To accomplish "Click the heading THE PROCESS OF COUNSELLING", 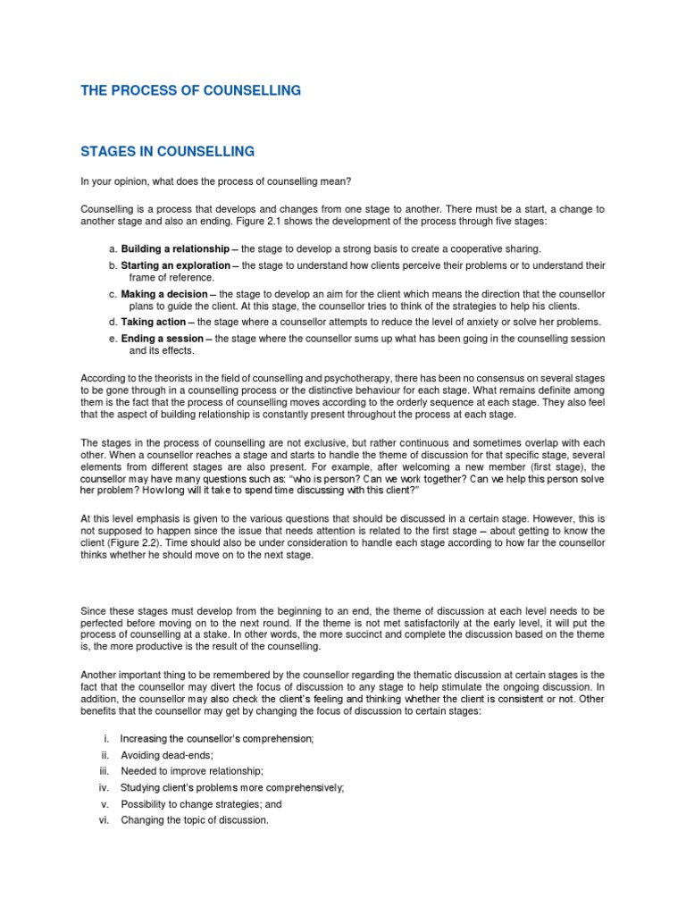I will (x=190, y=90).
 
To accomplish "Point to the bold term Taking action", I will (x=154, y=322).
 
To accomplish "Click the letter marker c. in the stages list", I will (x=112, y=293).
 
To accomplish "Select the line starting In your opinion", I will (x=224, y=182).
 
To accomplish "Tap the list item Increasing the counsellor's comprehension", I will (x=217, y=738).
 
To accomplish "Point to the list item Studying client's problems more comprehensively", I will (x=231, y=787).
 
